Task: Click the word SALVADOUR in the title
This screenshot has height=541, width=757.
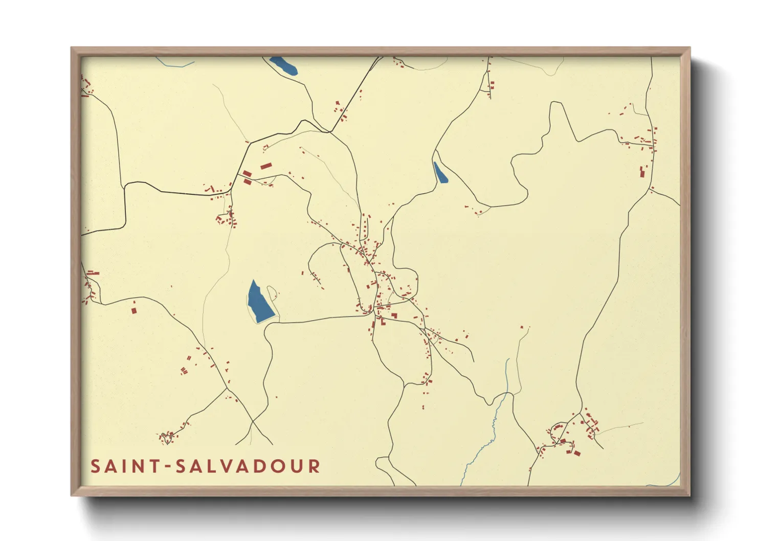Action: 248,466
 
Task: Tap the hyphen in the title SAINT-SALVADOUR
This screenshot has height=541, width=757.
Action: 169,467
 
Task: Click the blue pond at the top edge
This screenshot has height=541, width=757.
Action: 283,65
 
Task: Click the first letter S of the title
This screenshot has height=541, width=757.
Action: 95,466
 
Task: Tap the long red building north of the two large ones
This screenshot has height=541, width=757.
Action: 265,166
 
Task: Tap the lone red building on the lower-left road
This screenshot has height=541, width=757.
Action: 134,310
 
